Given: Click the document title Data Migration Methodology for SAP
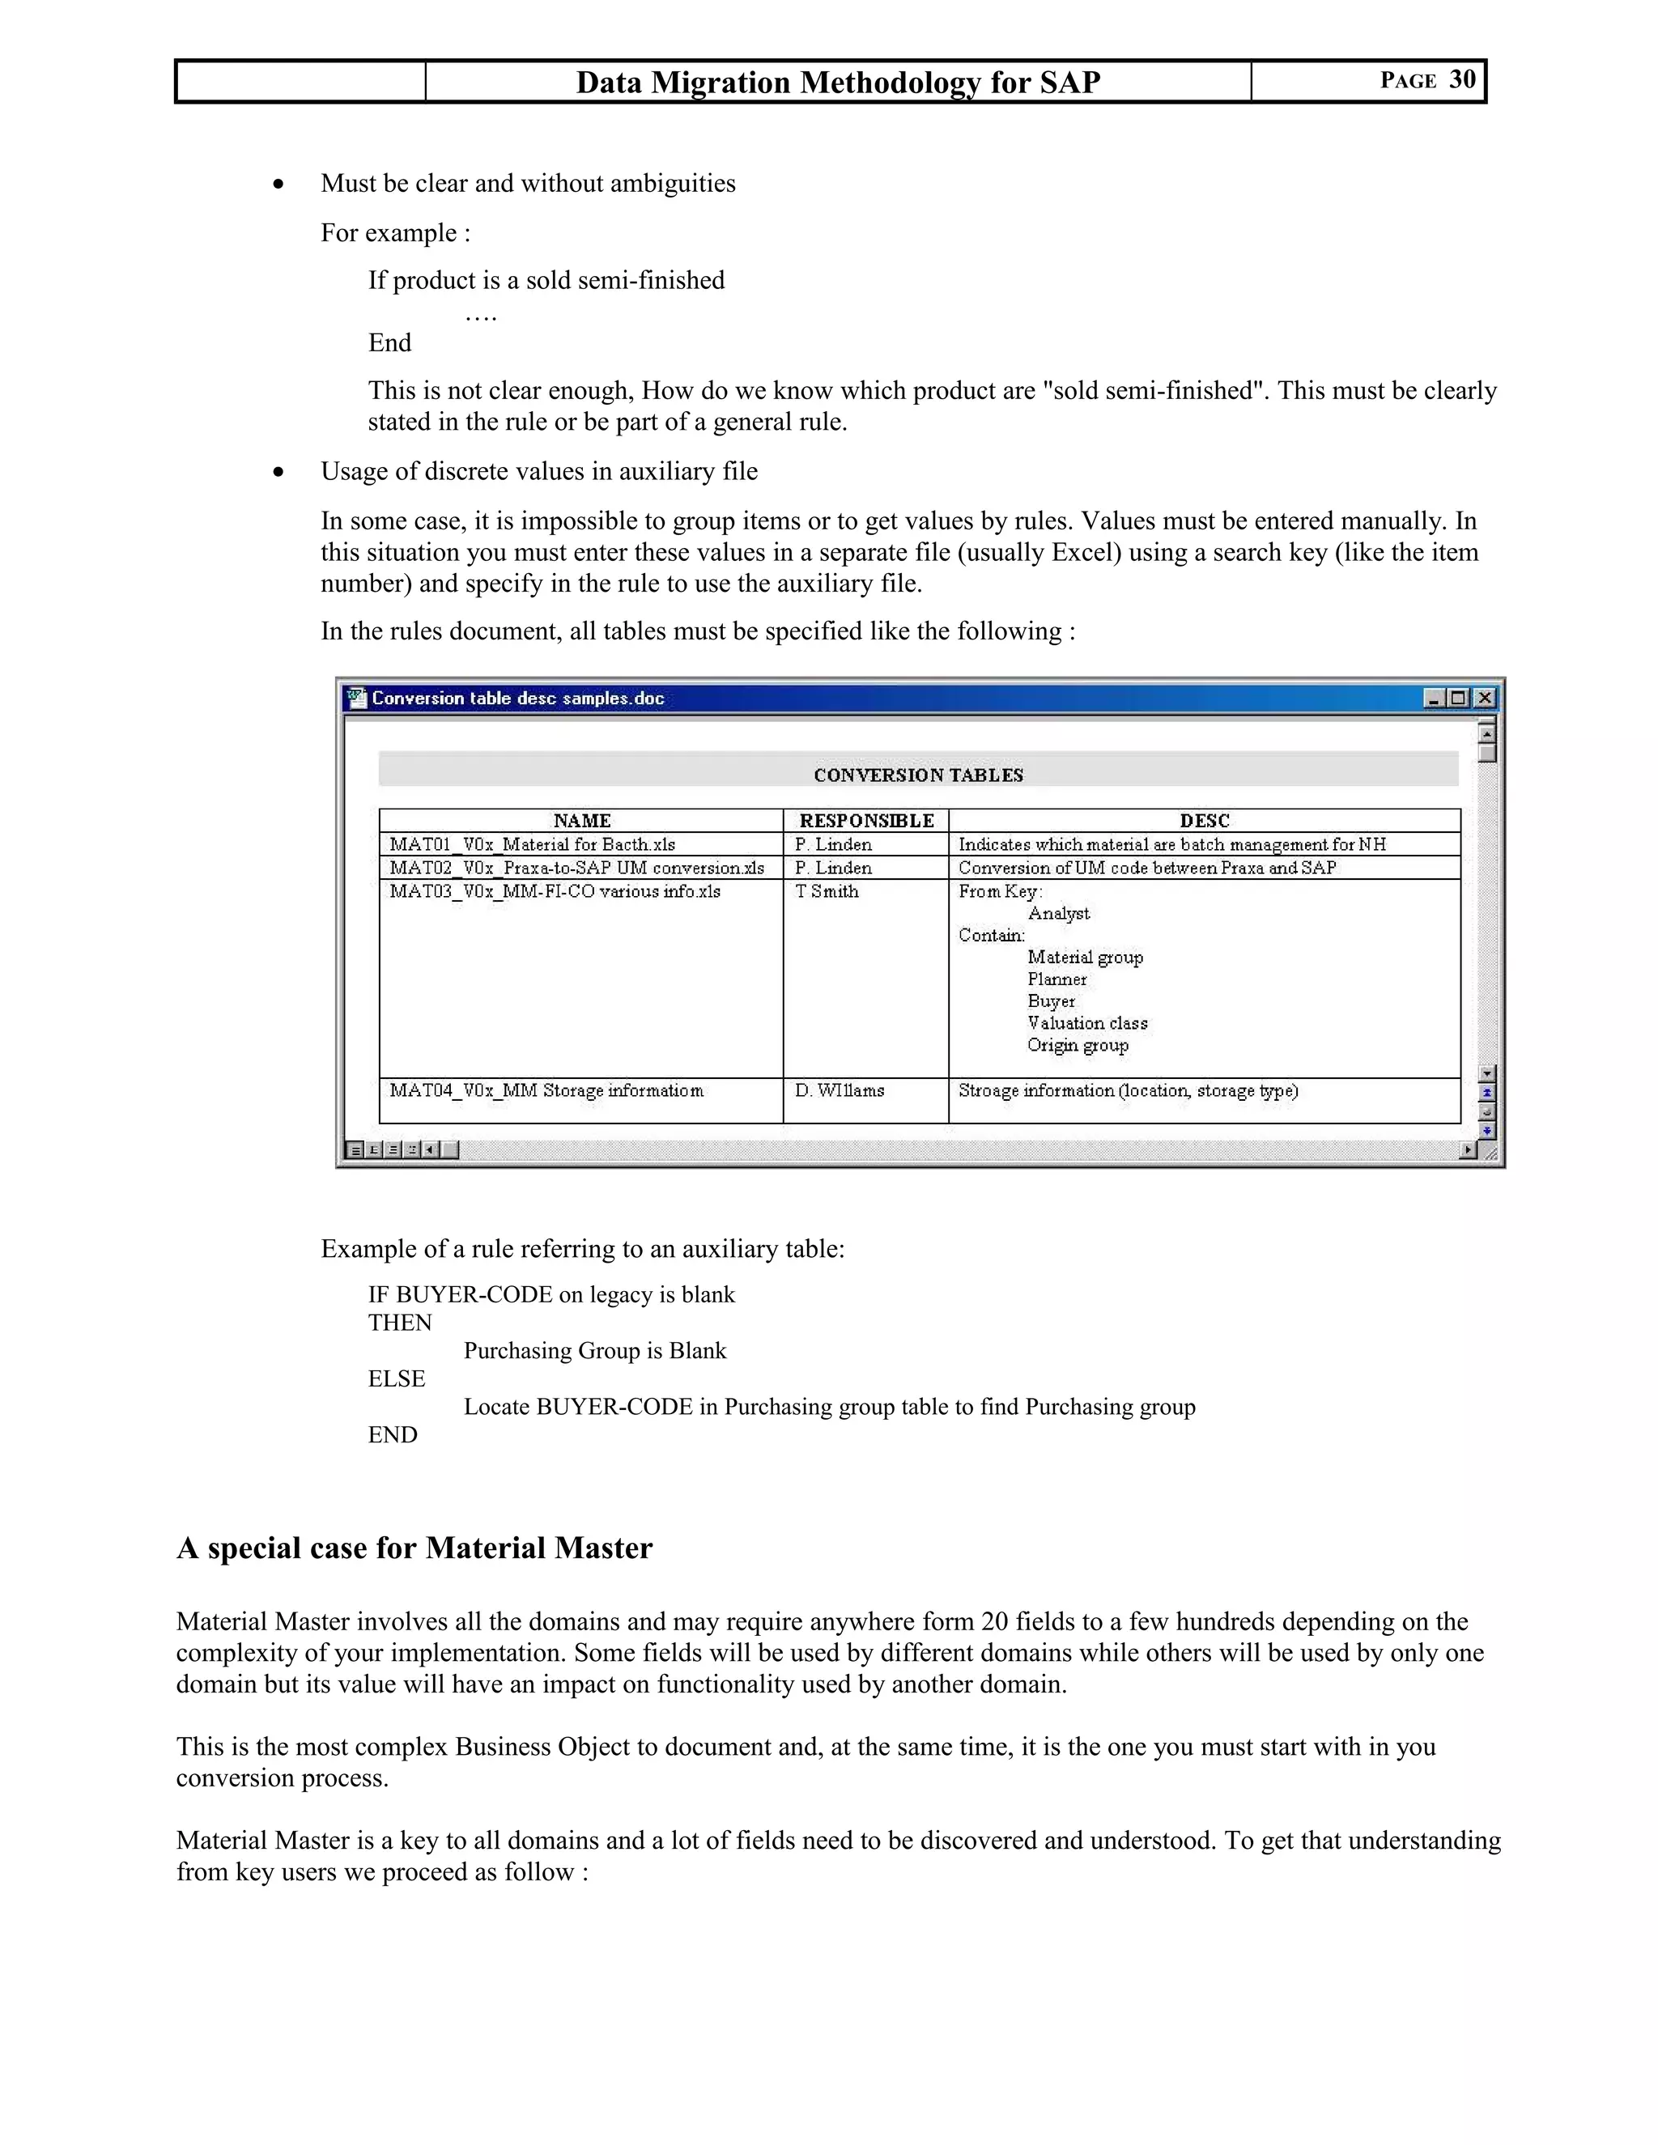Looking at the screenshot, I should click(x=837, y=83).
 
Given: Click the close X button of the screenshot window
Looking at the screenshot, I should click(x=1484, y=699).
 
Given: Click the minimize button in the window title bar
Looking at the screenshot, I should click(x=1434, y=699).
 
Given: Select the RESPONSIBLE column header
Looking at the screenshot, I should click(x=865, y=821).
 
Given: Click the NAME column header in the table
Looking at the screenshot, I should click(x=581, y=821).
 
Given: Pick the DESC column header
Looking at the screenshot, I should click(x=1204, y=821).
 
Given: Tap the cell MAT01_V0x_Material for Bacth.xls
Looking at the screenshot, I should click(x=533, y=844).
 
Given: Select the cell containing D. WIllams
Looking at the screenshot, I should click(x=839, y=1091).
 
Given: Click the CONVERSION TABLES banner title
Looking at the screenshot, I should click(x=918, y=775).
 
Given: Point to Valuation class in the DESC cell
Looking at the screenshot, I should click(x=1087, y=1023).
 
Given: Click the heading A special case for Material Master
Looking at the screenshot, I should click(x=414, y=1548).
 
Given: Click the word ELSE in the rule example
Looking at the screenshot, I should click(x=397, y=1379).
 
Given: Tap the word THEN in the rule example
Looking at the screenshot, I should click(x=400, y=1323).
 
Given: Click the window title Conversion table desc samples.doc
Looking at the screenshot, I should click(x=517, y=699).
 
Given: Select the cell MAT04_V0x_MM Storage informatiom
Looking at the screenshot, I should click(x=546, y=1091).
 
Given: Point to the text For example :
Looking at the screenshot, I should click(x=396, y=233).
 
